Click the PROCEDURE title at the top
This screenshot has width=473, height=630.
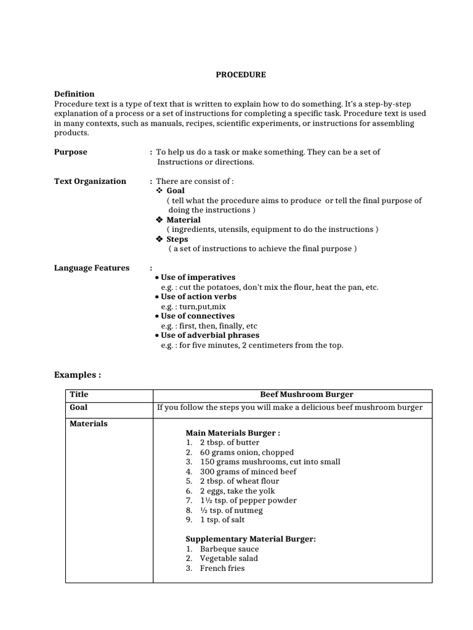[240, 74]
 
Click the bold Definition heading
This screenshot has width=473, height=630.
[74, 94]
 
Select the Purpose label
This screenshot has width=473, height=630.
[70, 152]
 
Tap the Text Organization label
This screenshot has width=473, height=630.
[90, 181]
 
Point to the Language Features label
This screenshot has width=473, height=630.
[92, 268]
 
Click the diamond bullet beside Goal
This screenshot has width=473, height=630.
[159, 191]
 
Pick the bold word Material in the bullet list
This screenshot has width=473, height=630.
[183, 220]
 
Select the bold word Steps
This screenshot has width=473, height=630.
[177, 239]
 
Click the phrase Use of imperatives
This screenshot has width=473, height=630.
[198, 277]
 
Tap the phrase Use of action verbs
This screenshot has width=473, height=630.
[198, 297]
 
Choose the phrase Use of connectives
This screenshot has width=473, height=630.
[197, 316]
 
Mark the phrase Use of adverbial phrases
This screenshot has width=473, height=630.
[209, 335]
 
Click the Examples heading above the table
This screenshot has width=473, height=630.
[77, 375]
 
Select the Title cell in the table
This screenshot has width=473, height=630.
[79, 394]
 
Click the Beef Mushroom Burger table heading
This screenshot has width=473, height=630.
[307, 394]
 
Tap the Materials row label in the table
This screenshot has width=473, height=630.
[89, 423]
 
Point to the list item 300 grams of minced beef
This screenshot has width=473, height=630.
[248, 471]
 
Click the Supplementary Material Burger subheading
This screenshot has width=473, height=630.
[250, 539]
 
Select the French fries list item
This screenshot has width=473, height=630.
[222, 568]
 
